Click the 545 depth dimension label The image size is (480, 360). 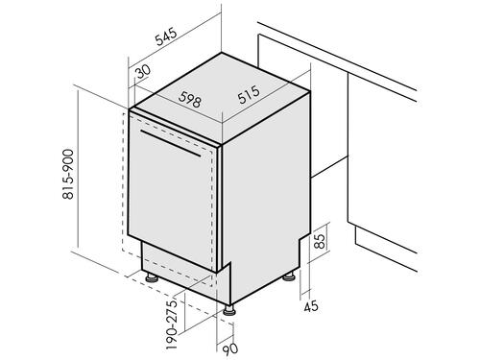pyautogui.click(x=166, y=36)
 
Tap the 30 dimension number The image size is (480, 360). pyautogui.click(x=143, y=72)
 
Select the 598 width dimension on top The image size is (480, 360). pyautogui.click(x=190, y=99)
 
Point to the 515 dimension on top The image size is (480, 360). pyautogui.click(x=249, y=94)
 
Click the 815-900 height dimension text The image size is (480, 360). pyautogui.click(x=68, y=174)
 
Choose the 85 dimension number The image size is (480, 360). pyautogui.click(x=320, y=242)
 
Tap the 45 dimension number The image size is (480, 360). pyautogui.click(x=311, y=306)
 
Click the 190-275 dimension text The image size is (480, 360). pyautogui.click(x=171, y=324)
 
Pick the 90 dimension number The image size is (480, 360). pyautogui.click(x=230, y=349)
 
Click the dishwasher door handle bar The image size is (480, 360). pyautogui.click(x=170, y=143)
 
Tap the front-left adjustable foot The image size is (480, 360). pyautogui.click(x=152, y=277)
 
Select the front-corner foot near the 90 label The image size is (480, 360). pyautogui.click(x=228, y=310)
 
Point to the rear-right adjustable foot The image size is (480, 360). pyautogui.click(x=289, y=276)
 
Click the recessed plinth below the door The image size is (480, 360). pyautogui.click(x=180, y=272)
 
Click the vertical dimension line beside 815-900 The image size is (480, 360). pyautogui.click(x=78, y=169)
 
